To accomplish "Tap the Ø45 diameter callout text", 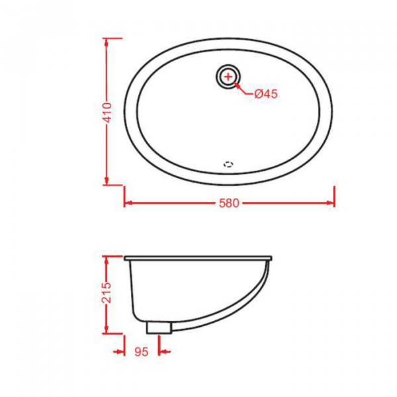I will [265, 94].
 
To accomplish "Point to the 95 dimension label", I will [140, 352].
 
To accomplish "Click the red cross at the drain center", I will [228, 77].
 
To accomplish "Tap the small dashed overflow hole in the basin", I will [229, 161].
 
